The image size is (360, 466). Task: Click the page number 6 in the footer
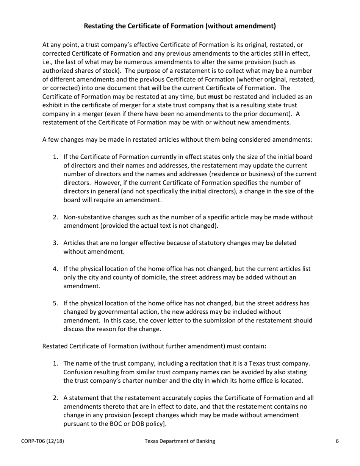tap(337, 441)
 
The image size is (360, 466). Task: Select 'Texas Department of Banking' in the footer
tap(180, 441)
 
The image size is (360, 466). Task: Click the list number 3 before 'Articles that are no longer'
tap(55, 243)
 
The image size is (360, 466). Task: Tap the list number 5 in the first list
tap(55, 303)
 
